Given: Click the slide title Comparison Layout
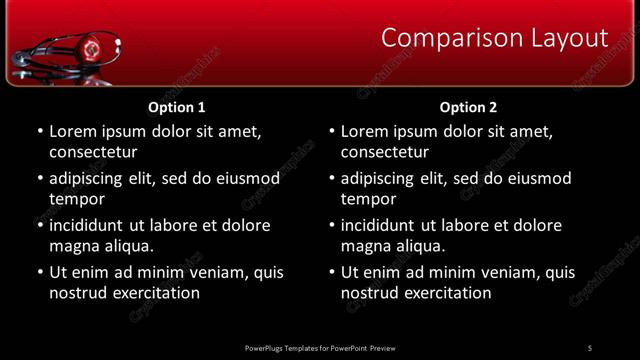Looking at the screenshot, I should [495, 38].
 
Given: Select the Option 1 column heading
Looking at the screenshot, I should [177, 107].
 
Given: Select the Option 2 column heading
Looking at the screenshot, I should [468, 107].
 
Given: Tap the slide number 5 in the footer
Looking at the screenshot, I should [589, 348].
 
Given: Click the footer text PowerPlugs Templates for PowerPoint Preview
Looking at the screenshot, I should [320, 348].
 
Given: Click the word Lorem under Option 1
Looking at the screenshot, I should [73, 131].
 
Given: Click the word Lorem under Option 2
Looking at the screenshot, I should [365, 131].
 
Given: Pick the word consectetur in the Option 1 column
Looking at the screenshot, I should [93, 152].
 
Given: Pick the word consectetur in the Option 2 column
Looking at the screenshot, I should [385, 152].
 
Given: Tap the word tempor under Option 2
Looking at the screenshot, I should [368, 199].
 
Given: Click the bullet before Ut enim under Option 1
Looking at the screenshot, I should [40, 272].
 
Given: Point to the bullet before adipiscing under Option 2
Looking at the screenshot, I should [332, 178].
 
